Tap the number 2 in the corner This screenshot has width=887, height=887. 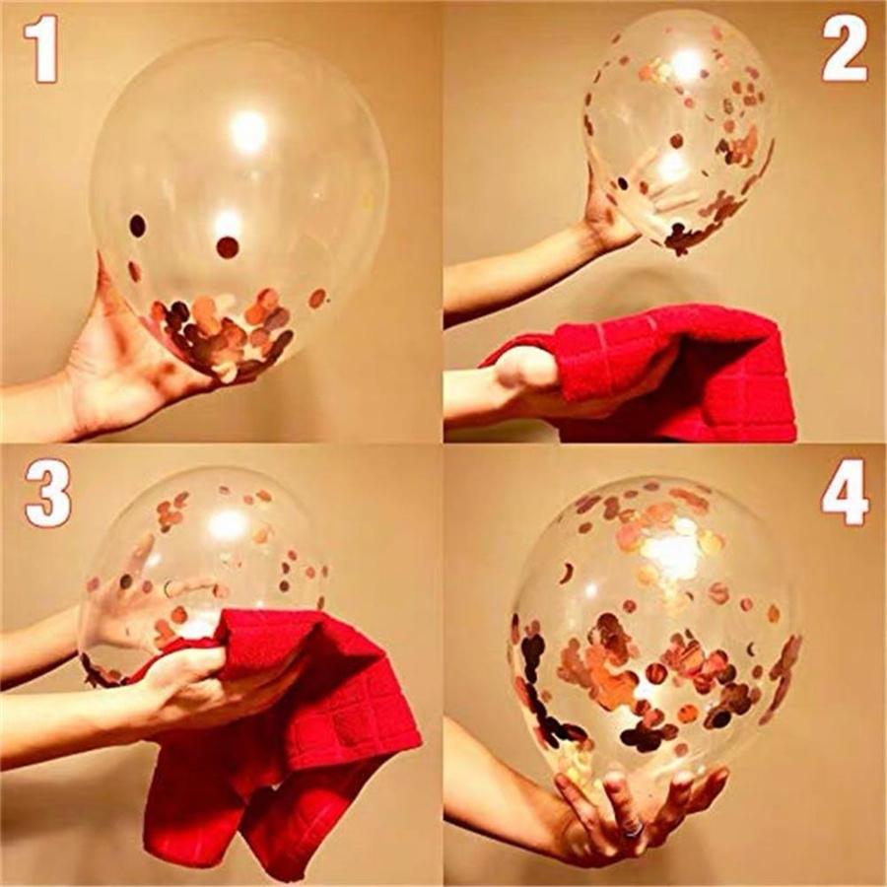(845, 49)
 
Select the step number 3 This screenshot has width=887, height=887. (47, 493)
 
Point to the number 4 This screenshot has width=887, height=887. (845, 493)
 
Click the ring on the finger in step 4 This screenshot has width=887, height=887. (633, 830)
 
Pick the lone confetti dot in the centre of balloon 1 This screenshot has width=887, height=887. (228, 247)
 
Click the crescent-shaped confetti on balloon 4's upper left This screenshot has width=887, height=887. (567, 573)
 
